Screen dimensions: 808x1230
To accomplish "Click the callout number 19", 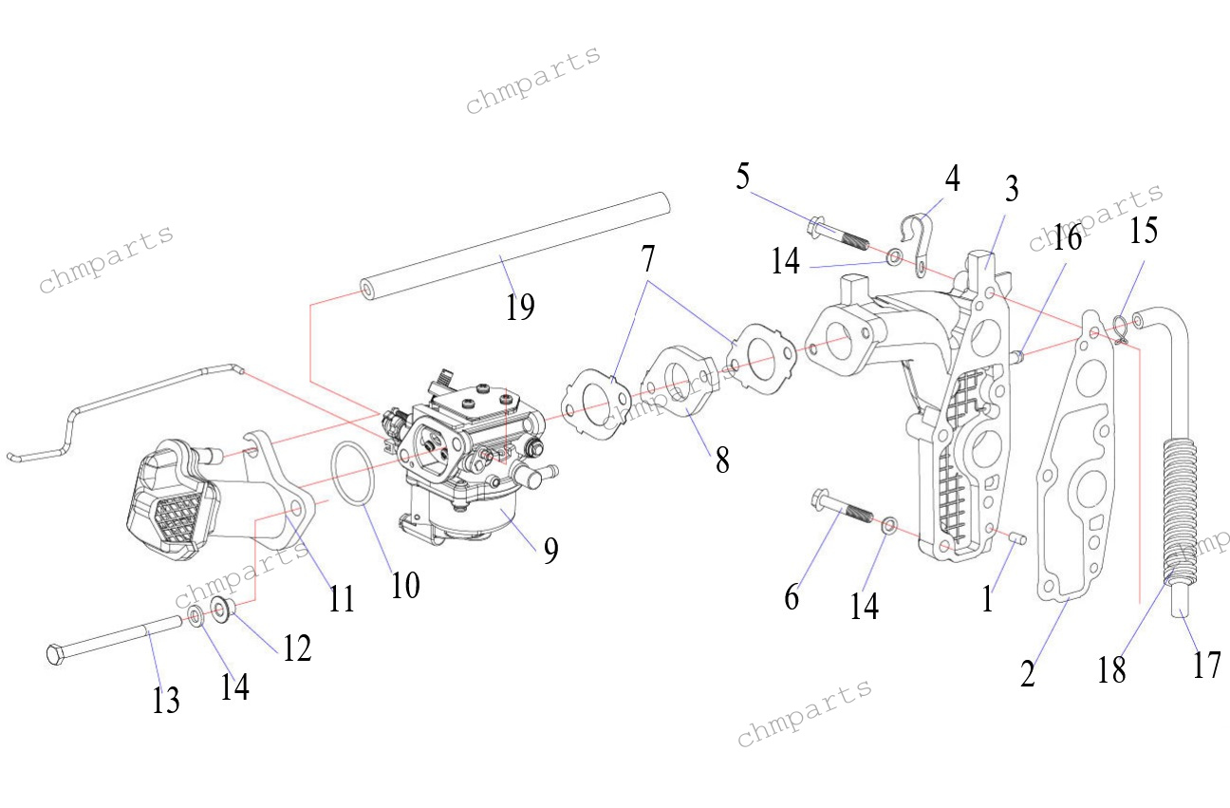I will pos(520,307).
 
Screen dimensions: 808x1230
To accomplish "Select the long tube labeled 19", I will pos(512,244).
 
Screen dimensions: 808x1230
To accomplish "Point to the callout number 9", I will pos(550,551).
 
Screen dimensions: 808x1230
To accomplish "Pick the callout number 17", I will pos(1206,665).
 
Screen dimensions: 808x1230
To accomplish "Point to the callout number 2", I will pos(1028,673).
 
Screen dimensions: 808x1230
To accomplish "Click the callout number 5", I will pos(742,176).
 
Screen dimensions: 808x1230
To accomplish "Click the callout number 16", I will pos(1068,237).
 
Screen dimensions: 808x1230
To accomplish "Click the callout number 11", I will pos(342,598).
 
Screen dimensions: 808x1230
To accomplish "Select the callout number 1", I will pos(988,598).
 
